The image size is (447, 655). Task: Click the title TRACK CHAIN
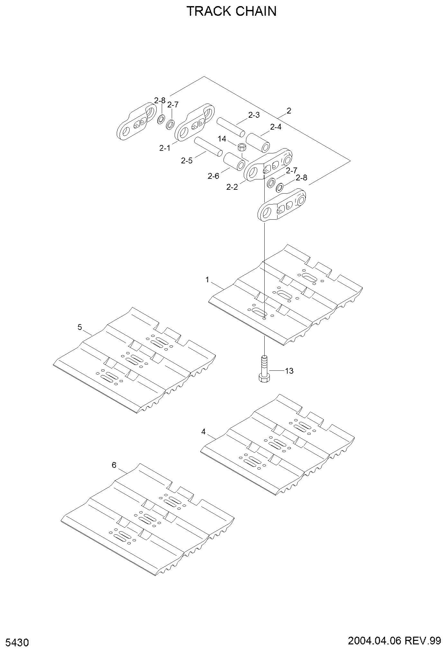click(x=232, y=11)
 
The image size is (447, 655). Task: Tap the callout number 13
click(x=289, y=371)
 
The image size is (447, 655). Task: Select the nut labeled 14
click(x=242, y=148)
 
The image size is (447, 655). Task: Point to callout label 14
click(x=222, y=139)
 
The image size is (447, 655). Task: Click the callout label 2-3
click(x=254, y=115)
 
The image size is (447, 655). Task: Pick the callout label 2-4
click(x=276, y=127)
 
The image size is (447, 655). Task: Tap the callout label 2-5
click(x=187, y=160)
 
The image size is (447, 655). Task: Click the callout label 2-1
click(x=165, y=148)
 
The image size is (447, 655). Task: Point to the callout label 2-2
click(x=232, y=187)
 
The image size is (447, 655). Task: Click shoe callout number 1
click(x=207, y=280)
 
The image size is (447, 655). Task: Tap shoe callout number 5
click(x=80, y=327)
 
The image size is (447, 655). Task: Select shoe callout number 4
click(x=203, y=432)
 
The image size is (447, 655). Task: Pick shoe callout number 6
click(x=114, y=465)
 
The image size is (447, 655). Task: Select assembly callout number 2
click(x=289, y=111)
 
